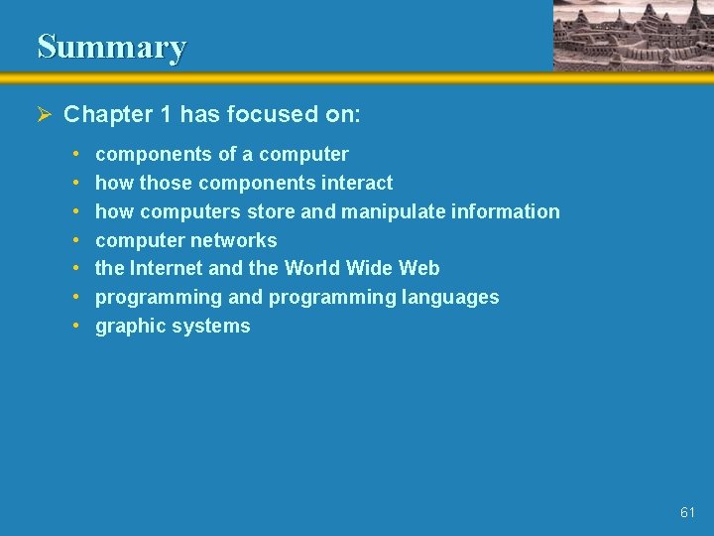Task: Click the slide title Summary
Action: pyautogui.click(x=111, y=47)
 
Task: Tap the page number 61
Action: pyautogui.click(x=688, y=512)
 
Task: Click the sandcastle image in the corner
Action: pyautogui.click(x=632, y=35)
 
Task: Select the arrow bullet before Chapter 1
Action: pyautogui.click(x=44, y=114)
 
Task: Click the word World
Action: pyautogui.click(x=311, y=268)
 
